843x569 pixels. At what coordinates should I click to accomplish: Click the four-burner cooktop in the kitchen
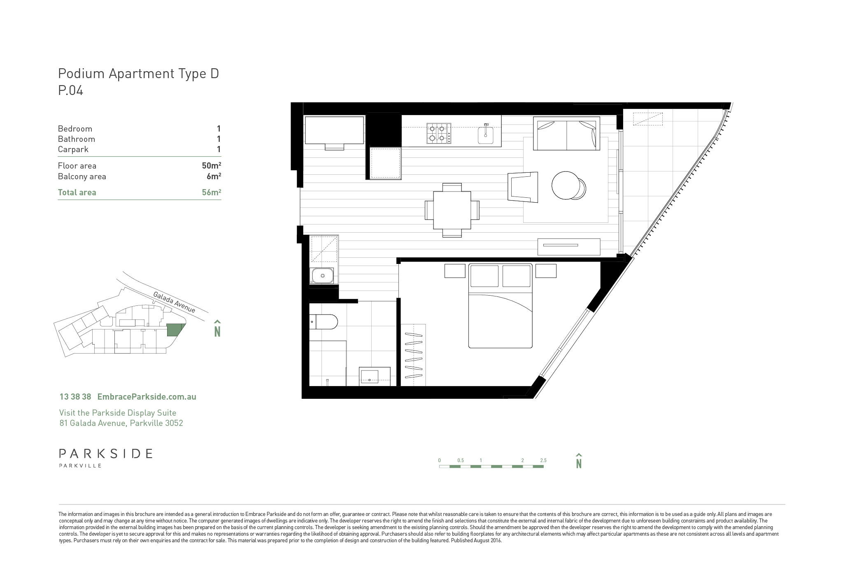pyautogui.click(x=439, y=133)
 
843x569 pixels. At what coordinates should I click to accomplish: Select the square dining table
pyautogui.click(x=452, y=210)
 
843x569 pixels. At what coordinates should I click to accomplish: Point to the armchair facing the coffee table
pyautogui.click(x=523, y=187)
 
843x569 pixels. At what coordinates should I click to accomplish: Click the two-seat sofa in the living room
pyautogui.click(x=566, y=134)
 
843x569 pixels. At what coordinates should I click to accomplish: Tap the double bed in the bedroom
pyautogui.click(x=501, y=306)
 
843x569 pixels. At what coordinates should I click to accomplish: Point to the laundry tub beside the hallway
pyautogui.click(x=323, y=275)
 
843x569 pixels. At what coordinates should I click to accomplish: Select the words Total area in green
pyautogui.click(x=77, y=192)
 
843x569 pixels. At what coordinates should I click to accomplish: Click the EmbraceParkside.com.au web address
pyautogui.click(x=147, y=397)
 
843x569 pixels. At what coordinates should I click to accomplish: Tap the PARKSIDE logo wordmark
pyautogui.click(x=106, y=453)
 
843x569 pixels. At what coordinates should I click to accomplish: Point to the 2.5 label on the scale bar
pyautogui.click(x=543, y=460)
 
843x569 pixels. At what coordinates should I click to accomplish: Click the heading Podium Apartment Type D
pyautogui.click(x=138, y=74)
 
